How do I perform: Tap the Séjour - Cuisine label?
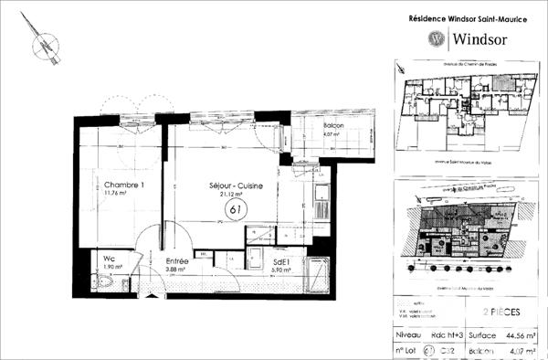[236, 185]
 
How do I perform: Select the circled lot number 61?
[235, 210]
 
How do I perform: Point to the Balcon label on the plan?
[331, 127]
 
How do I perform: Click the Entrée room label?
[177, 261]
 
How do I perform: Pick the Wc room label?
[107, 258]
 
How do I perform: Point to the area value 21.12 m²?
[236, 195]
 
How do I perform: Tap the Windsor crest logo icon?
[437, 38]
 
